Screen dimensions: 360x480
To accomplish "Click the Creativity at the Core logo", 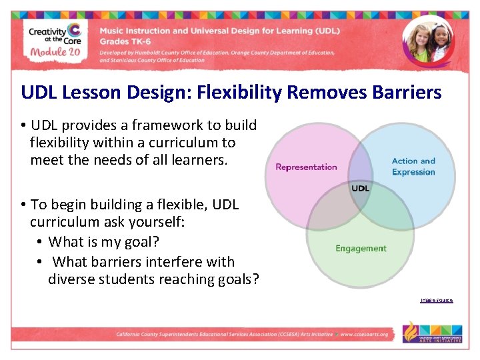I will coord(55,33).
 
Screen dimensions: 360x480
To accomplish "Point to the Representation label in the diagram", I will coord(306,167).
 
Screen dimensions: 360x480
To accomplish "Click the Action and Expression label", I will coord(413,167).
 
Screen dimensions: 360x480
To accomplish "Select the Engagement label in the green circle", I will coord(361,249).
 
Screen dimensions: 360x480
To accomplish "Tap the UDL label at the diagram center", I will coord(360,189).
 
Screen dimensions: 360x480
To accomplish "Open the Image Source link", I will coord(436,300).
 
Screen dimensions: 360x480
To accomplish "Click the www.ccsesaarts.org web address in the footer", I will coord(364,334).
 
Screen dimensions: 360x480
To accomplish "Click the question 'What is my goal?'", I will coord(104,241).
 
